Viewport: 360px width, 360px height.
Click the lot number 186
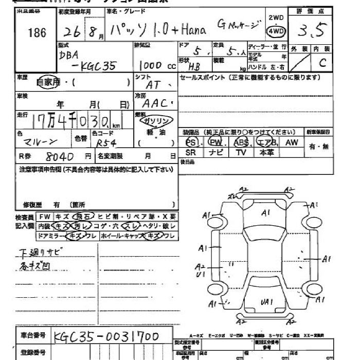(37, 33)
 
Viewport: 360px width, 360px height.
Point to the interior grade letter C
(322, 64)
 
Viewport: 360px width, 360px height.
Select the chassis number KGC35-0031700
(106, 337)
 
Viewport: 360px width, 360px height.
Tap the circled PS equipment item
(191, 142)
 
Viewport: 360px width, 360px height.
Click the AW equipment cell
(292, 142)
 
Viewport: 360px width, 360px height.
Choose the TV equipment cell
(241, 153)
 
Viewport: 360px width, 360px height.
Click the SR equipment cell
(191, 153)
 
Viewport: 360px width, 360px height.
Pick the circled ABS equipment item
(241, 142)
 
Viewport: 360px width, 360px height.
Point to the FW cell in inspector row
(44, 217)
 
